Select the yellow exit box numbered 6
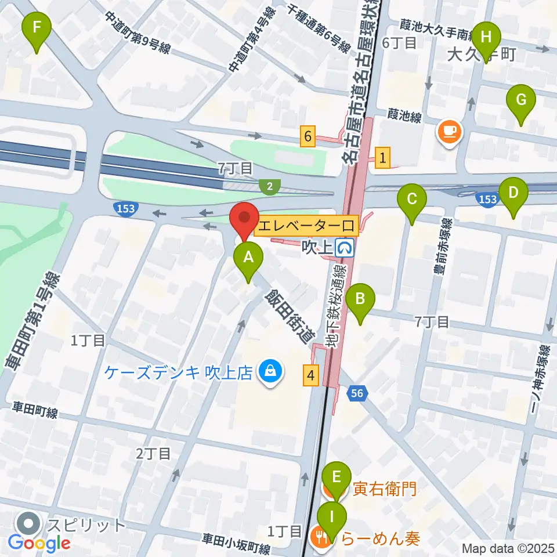(308, 136)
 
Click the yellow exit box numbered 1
(382, 157)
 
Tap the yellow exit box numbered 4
(312, 375)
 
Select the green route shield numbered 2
(269, 186)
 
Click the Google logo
(39, 543)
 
